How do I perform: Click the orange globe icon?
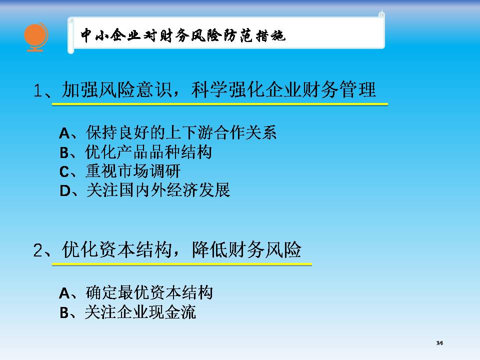pos(36,37)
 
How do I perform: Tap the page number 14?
pos(439,343)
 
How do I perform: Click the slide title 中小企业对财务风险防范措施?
pos(183,35)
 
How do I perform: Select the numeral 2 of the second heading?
pos(38,250)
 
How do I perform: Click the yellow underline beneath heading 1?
pos(220,104)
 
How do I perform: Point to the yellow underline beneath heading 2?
pos(182,264)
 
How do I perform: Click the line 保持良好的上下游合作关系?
pos(181,132)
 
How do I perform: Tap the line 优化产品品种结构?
pos(149,152)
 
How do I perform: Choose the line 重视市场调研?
pos(133,171)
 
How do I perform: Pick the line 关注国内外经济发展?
pos(158,190)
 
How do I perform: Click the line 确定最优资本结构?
pos(149,292)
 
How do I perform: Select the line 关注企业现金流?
pos(140,312)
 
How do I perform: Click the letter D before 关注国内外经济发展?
pos(65,191)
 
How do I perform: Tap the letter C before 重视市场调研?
pos(64,171)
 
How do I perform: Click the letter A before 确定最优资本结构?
pos(64,293)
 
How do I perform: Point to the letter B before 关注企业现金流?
pos(64,313)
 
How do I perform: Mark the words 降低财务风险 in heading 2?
pos(246,249)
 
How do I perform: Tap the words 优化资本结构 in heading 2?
pos(117,249)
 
